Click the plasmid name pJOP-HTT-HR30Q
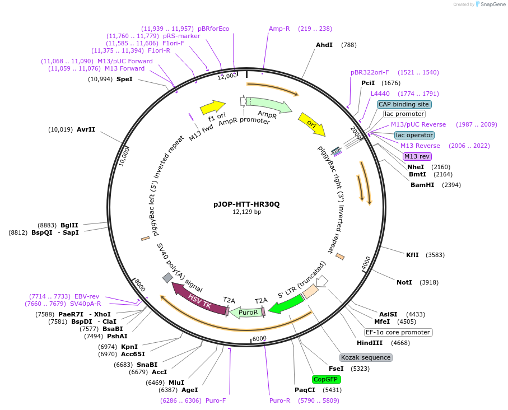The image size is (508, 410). pos(246,204)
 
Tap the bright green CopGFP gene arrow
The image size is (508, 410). pos(286,304)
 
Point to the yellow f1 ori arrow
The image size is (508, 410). pos(212,107)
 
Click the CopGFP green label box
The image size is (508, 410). pos(327,379)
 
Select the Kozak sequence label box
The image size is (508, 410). pos(366,357)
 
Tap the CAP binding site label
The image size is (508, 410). pos(404,104)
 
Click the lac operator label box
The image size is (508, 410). pos(414,135)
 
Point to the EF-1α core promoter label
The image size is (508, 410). pos(398,332)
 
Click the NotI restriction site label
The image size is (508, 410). pos(404,282)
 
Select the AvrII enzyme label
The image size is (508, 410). pos(86,129)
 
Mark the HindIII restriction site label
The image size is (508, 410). pos(370,343)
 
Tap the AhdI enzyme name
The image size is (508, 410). pos(324,45)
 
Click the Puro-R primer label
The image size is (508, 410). pos(279,400)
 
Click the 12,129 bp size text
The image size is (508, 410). pos(246,212)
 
